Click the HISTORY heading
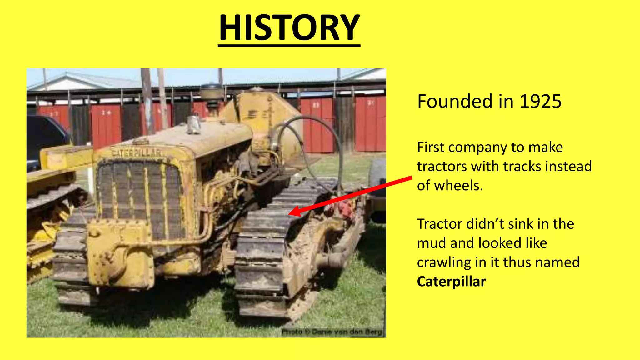click(x=289, y=28)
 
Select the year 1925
click(x=540, y=102)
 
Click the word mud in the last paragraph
click(x=431, y=243)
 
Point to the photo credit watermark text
click(x=332, y=332)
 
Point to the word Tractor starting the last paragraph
click(x=439, y=224)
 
